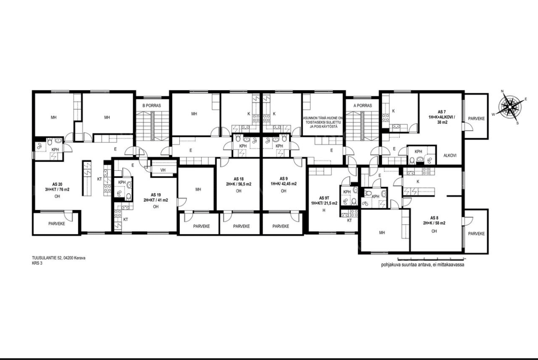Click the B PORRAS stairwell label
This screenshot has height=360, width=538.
tap(152, 105)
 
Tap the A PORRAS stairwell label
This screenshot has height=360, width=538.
tap(363, 105)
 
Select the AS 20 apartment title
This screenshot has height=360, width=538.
tap(57, 184)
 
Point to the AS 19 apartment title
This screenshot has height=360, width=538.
tap(156, 195)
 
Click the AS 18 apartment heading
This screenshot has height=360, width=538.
tap(239, 179)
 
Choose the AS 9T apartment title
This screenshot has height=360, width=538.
tap(324, 198)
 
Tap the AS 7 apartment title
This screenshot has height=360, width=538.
tap(442, 112)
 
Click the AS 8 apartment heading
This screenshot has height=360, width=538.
tap(434, 218)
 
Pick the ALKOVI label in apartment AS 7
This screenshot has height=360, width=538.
tap(450, 155)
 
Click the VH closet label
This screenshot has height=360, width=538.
tap(163, 170)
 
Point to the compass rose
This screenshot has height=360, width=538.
tap(509, 106)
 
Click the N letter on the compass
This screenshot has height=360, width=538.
tap(502, 91)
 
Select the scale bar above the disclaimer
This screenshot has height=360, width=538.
tap(431, 259)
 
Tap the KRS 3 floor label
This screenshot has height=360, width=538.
tap(37, 263)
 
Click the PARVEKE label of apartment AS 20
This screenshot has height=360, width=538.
tap(57, 223)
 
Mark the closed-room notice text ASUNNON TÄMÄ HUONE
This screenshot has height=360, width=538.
tap(323, 118)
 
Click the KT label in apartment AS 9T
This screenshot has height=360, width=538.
tap(349, 220)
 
